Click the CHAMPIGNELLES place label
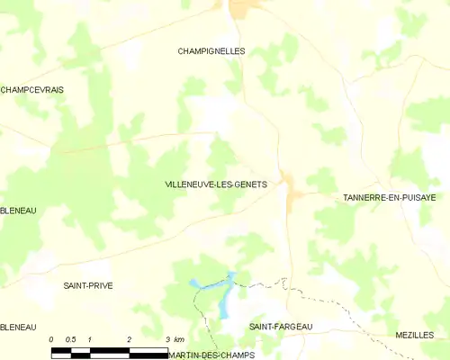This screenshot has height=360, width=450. (212, 51)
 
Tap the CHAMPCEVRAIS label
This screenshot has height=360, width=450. (31, 90)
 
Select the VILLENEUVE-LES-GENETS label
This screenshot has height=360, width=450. (216, 184)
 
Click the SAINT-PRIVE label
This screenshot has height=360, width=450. (87, 285)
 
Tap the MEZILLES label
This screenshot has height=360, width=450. (414, 335)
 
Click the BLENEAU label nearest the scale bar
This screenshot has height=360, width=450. (18, 326)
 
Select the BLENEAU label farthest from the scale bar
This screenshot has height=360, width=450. (18, 211)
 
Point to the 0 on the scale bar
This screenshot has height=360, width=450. (52, 338)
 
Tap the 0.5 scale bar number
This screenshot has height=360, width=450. (70, 338)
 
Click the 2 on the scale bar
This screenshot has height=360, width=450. (130, 338)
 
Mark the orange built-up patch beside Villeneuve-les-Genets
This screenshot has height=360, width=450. (291, 188)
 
